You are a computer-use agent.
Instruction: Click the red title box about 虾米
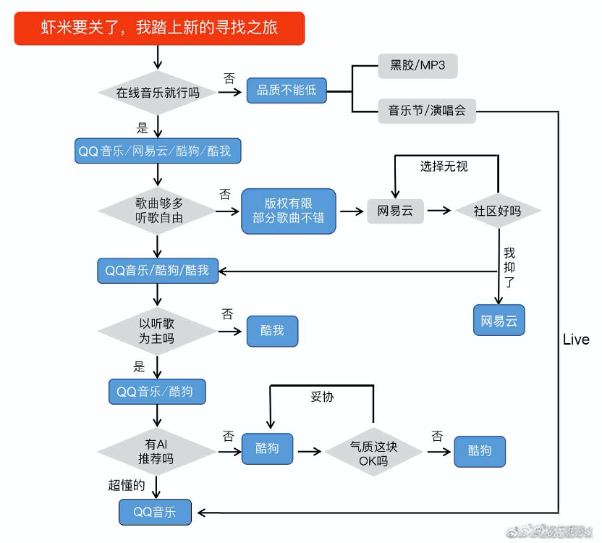tap(159, 29)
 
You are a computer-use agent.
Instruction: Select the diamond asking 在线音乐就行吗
tap(157, 93)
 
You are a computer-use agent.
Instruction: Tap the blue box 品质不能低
tap(287, 91)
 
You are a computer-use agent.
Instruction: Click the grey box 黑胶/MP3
tap(417, 66)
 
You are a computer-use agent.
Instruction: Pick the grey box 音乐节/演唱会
tap(427, 111)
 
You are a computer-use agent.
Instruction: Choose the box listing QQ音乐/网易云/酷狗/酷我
tap(157, 151)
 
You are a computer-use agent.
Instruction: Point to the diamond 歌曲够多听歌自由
tap(157, 210)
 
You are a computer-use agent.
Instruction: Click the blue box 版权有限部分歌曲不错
tap(288, 211)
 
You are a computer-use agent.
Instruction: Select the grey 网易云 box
tap(394, 211)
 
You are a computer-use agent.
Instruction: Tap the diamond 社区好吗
tap(497, 211)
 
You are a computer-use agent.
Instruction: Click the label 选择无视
tap(444, 167)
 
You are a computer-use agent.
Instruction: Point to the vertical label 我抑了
tap(509, 267)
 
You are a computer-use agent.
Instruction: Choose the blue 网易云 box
tap(499, 321)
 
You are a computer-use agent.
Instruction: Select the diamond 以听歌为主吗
tap(157, 331)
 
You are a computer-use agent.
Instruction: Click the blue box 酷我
tap(272, 331)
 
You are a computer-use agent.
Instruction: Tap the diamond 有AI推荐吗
tap(157, 450)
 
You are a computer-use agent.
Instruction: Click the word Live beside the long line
tap(576, 340)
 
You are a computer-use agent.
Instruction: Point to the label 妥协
tap(322, 397)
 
